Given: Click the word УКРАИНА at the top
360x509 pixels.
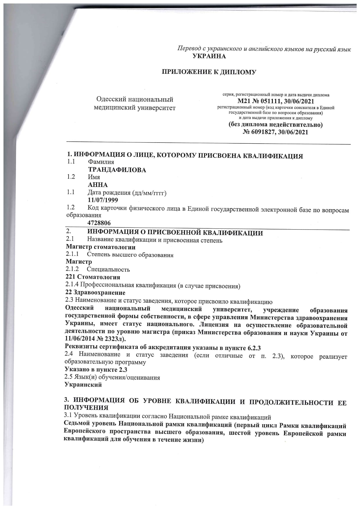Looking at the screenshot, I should [209, 56].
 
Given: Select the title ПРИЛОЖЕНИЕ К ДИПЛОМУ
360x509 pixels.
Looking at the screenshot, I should [209, 72].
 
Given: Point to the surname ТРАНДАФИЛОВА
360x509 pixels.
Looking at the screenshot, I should [117, 170].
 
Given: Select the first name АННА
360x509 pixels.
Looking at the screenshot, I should [98, 185].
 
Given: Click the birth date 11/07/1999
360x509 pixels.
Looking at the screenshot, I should [103, 200].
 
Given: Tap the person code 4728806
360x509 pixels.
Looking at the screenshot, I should [99, 223].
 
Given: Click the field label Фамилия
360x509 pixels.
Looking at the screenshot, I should [101, 162].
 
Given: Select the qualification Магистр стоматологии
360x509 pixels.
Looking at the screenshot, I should [100, 247].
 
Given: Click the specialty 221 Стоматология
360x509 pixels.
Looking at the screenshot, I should [93, 277].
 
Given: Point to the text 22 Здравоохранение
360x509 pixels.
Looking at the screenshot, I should [95, 293].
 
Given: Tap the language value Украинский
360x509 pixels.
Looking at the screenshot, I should [83, 385].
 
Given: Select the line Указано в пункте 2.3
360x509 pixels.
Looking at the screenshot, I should [96, 370].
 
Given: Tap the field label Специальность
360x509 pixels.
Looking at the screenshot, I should [108, 270].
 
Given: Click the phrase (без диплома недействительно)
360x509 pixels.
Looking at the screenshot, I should [276, 125].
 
